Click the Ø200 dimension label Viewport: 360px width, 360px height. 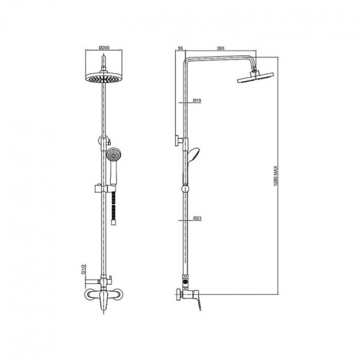pos(104,48)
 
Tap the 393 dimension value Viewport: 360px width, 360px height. pos(220,48)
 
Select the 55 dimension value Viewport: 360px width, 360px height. pos(181,48)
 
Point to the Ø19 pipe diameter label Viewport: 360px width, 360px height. pos(197,100)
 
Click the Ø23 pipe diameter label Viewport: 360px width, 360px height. pos(197,218)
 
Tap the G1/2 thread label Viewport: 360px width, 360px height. pos(83,269)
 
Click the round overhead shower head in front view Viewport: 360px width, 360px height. pos(104,78)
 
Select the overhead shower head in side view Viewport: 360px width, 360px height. pos(255,77)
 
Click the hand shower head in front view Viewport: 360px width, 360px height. pos(112,154)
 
